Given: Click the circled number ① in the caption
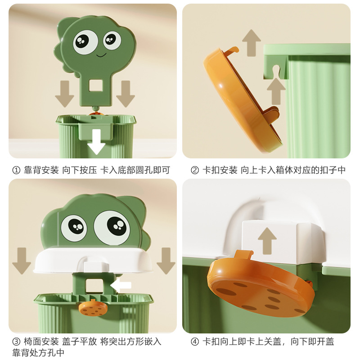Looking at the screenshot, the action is pos(16,171).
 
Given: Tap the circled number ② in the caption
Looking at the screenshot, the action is pos(195,171).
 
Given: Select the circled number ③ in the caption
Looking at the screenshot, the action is pos(16,342).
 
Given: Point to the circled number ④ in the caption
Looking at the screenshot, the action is pos(195,342).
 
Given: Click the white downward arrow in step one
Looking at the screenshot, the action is pos(96,142).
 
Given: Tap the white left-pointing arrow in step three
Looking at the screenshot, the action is pos(121,285).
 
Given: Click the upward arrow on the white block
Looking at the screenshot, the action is pos(267,241).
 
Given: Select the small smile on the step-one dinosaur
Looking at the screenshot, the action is pos(101,55).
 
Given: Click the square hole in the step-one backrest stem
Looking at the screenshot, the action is pos(95,85).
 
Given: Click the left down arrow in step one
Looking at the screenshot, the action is pos(64,94).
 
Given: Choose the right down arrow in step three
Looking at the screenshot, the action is pos(166,261).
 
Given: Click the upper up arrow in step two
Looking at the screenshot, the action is pos(252,43).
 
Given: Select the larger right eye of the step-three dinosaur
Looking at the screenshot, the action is pos(112,228).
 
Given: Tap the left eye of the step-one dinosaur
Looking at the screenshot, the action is pos(85,42).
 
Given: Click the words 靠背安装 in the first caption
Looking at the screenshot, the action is pos(41,171).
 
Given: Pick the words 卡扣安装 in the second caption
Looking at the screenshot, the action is pos(220,171).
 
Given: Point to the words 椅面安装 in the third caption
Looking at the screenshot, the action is pos(41,342).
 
